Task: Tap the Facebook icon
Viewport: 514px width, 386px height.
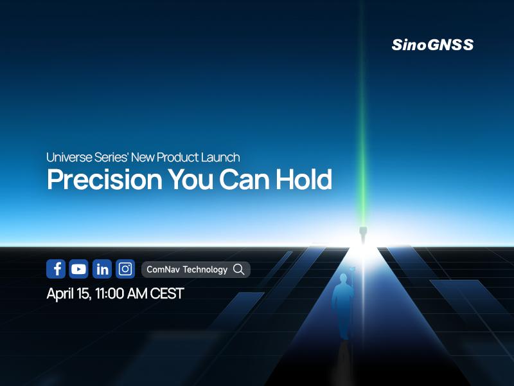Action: (x=56, y=269)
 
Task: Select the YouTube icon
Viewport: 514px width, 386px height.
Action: (x=79, y=269)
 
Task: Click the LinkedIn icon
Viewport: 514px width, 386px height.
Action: (x=102, y=269)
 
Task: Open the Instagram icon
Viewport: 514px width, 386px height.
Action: (x=125, y=269)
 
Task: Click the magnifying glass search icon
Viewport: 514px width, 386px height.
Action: (x=239, y=270)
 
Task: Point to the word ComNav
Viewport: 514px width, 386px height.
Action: (x=163, y=270)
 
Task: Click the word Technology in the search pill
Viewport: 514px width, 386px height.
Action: (x=205, y=270)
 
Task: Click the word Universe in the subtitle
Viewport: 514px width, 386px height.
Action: (x=67, y=157)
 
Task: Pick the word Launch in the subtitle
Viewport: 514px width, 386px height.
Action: (x=222, y=157)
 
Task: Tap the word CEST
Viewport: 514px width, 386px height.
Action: (x=166, y=294)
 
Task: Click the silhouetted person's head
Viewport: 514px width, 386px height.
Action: (x=342, y=278)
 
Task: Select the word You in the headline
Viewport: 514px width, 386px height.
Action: (x=191, y=181)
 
